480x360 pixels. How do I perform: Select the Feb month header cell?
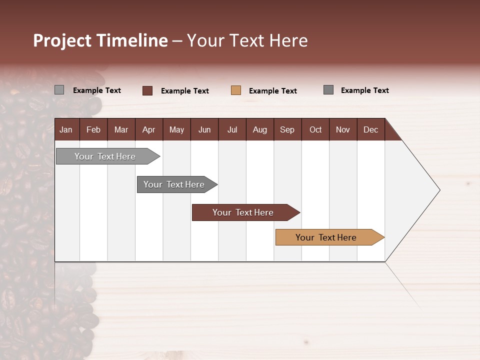point(93,129)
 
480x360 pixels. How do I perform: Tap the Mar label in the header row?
point(121,129)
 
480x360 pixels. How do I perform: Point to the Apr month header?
point(149,129)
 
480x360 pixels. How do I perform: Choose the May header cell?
point(176,129)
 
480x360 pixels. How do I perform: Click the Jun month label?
point(204,129)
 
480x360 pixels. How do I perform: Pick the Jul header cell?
point(232,129)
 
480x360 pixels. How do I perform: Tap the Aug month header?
point(260,129)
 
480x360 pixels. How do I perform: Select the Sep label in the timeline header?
point(287,129)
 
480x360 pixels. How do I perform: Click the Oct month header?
point(315,129)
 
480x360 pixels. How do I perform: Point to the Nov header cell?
point(343,129)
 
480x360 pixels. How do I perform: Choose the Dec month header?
point(371,129)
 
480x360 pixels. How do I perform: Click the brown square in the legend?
point(147,90)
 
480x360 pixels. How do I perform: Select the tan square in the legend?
point(236,90)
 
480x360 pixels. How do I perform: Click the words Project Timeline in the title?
point(100,40)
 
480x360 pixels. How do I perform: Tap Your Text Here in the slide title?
point(247,40)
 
